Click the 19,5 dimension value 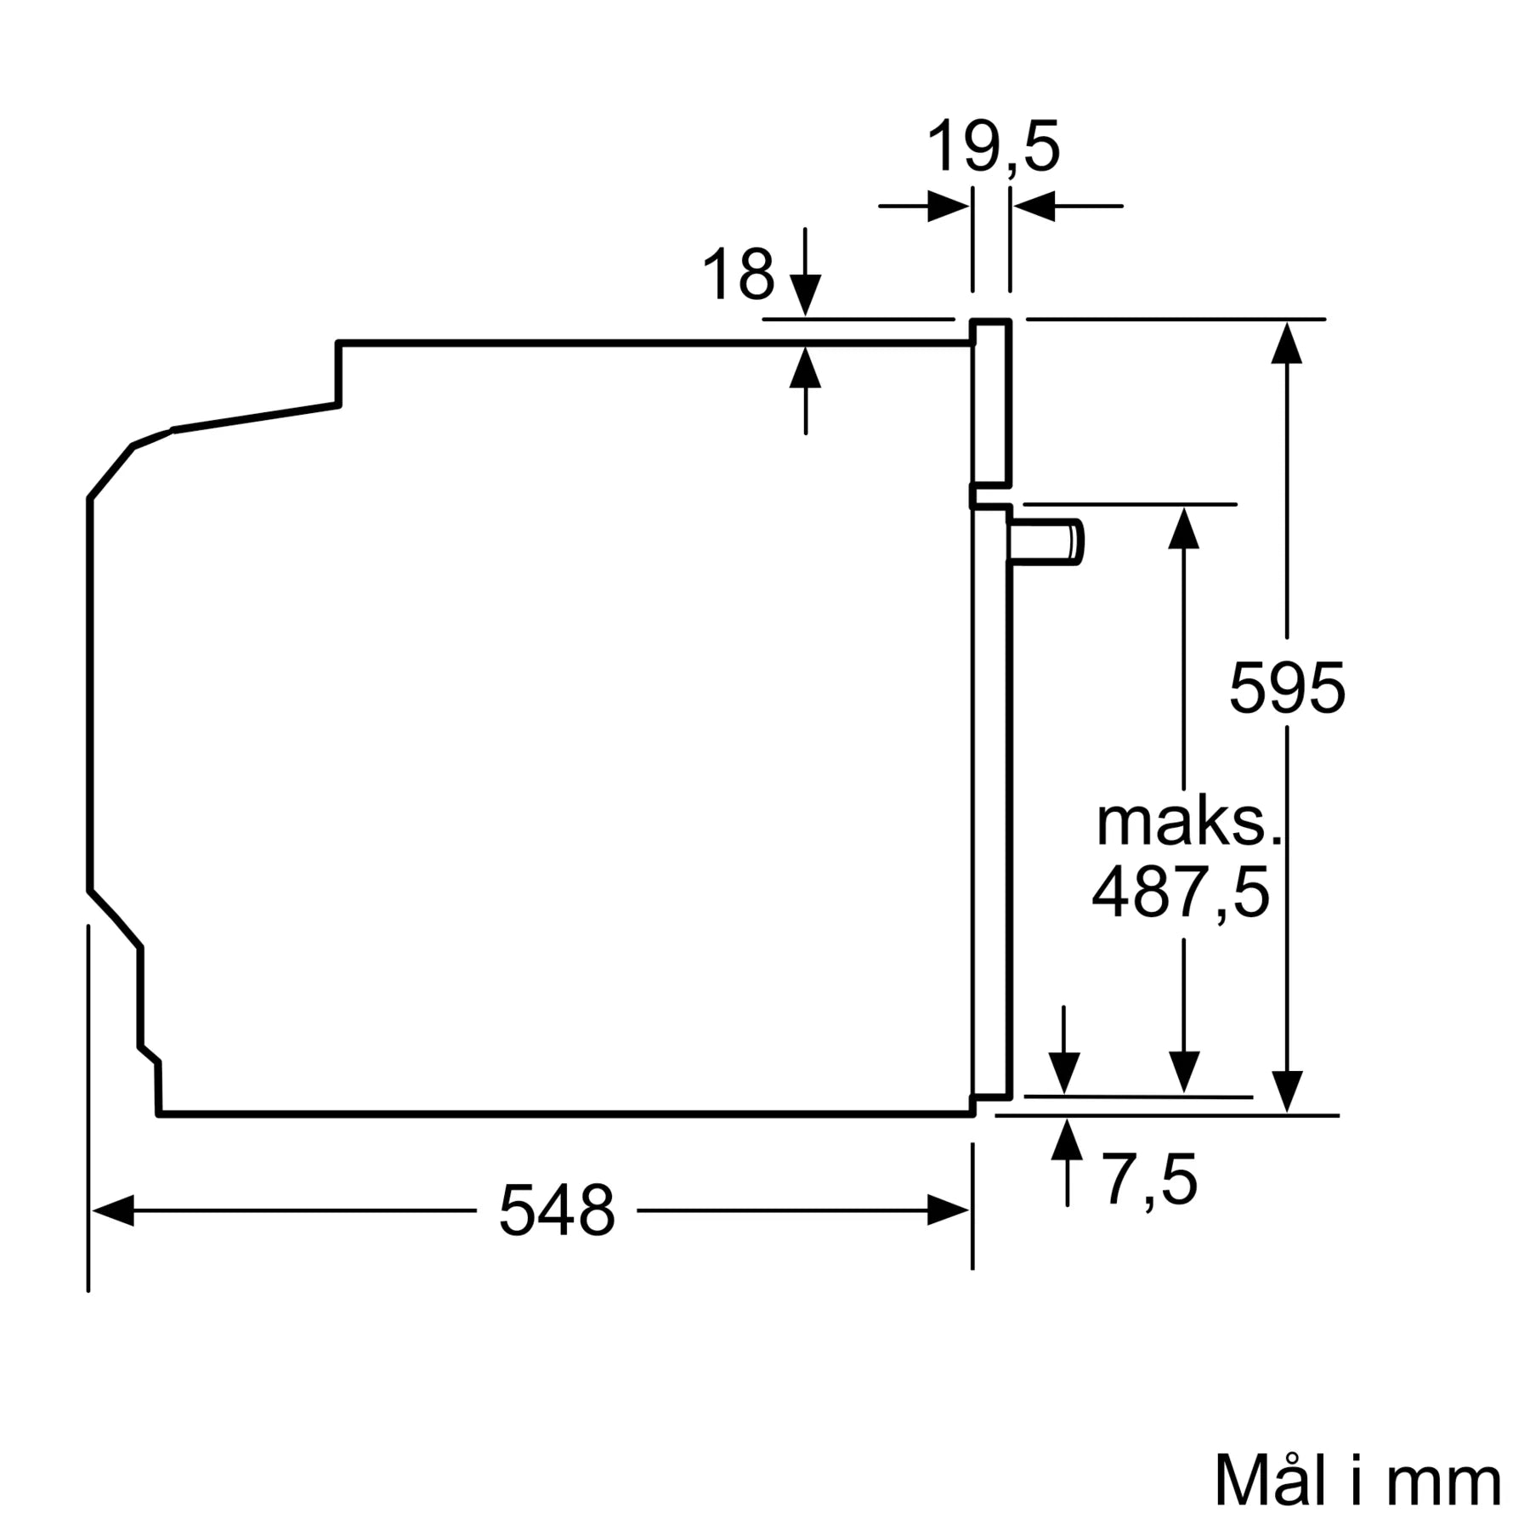point(993,148)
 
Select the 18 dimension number point(738,275)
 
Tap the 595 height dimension point(1287,687)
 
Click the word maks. point(1188,823)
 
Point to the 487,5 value point(1180,892)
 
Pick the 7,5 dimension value point(1149,1180)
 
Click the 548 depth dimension point(556,1210)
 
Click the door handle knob point(1047,541)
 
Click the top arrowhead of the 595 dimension point(1287,343)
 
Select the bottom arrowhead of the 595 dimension point(1287,1091)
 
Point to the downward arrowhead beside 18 point(805,296)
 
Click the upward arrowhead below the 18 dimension point(805,367)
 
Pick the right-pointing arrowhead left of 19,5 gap point(948,206)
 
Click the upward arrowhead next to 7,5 point(1067,1140)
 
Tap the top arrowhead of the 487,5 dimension point(1183,527)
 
